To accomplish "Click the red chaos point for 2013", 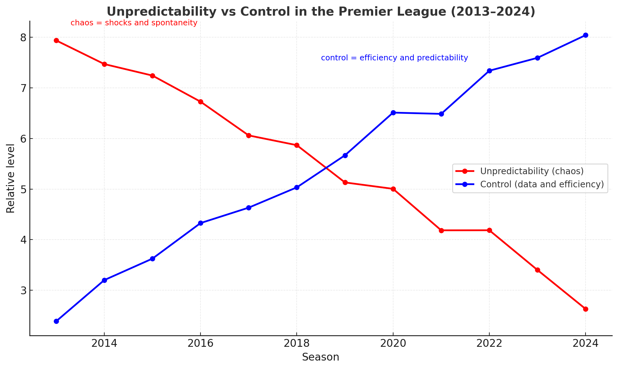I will click(56, 40).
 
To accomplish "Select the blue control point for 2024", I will click(586, 35).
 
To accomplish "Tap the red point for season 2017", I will click(249, 135).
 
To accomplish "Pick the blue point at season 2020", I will click(393, 113).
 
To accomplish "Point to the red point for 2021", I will click(441, 230).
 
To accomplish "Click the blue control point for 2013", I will click(56, 321).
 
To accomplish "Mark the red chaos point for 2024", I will click(586, 309).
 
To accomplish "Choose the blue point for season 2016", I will click(200, 223).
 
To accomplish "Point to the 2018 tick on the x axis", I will click(297, 343).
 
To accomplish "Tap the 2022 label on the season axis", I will click(489, 343).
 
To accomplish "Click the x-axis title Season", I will click(320, 357).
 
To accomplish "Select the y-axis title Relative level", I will click(11, 178).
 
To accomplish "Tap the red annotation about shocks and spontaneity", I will click(134, 23).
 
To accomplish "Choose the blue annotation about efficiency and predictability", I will click(394, 58).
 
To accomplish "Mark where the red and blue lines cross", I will click(326, 168).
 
